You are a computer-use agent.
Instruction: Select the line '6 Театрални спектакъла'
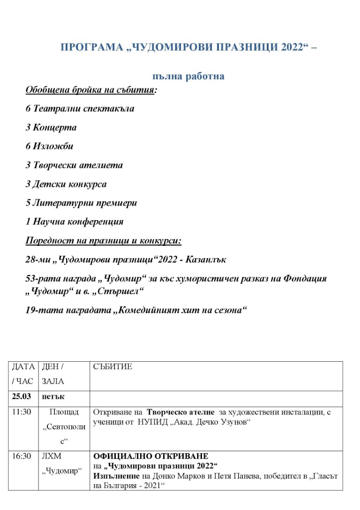80,108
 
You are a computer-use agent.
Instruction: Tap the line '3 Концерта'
51,127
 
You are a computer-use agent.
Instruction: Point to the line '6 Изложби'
49,146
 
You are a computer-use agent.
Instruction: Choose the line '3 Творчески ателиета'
74,165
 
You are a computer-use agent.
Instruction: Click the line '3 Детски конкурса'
66,184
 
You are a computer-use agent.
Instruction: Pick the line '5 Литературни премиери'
81,203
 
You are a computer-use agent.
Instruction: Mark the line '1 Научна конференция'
75,221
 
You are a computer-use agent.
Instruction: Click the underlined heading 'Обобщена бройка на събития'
90,90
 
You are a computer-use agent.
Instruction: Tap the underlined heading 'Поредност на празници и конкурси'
103,241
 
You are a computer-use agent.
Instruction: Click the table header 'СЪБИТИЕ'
113,366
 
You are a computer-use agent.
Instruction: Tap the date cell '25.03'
22,396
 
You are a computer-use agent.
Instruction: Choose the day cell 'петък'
52,396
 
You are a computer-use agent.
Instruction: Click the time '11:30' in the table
22,412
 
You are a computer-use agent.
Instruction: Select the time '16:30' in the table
22,456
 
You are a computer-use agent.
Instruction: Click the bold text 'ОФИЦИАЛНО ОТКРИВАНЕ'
151,456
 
